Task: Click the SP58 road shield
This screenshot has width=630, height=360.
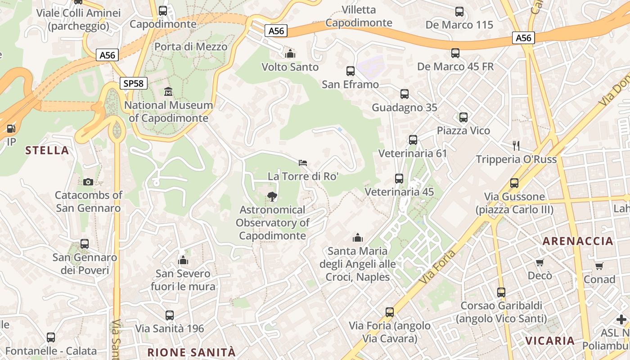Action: click(x=134, y=83)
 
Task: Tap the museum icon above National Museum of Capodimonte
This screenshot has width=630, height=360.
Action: click(x=168, y=92)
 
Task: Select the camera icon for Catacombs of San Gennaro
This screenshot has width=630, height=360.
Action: click(x=88, y=182)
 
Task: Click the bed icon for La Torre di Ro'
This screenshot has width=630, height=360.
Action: click(x=303, y=162)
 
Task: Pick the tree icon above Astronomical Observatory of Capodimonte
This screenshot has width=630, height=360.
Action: click(x=272, y=196)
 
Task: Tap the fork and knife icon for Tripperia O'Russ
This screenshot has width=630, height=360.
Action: click(x=516, y=145)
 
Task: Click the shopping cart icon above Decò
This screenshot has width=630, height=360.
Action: click(x=540, y=262)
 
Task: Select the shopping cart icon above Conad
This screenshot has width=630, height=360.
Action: click(x=599, y=266)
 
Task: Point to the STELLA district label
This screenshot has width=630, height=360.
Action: click(x=47, y=150)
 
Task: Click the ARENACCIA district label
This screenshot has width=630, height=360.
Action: click(x=578, y=241)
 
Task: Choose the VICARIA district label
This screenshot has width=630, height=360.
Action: click(x=549, y=341)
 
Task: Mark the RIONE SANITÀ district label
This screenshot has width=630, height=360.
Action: click(x=191, y=352)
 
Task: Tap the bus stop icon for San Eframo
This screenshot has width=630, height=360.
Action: click(x=350, y=71)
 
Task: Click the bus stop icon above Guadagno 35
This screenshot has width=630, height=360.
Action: click(x=404, y=94)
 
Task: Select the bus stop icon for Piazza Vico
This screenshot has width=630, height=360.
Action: click(x=463, y=117)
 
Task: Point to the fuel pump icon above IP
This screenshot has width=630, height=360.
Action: click(x=11, y=129)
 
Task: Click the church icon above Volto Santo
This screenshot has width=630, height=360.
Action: click(x=290, y=54)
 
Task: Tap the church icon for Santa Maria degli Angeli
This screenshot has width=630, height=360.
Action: click(x=358, y=237)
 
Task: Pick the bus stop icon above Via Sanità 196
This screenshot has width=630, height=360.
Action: click(x=170, y=315)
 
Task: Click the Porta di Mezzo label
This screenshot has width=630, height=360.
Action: click(x=191, y=46)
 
